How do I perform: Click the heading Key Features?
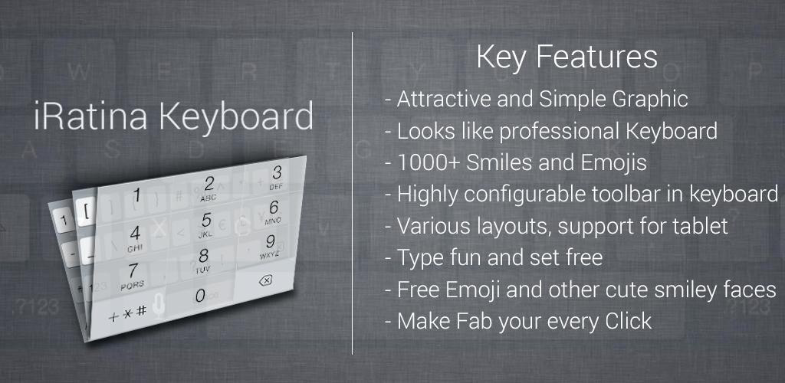pyautogui.click(x=567, y=57)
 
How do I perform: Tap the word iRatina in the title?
pyautogui.click(x=90, y=116)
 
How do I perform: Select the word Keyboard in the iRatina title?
pyautogui.click(x=236, y=116)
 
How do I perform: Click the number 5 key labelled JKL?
pyautogui.click(x=206, y=224)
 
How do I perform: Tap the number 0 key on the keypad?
pyautogui.click(x=200, y=296)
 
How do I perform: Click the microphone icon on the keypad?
pyautogui.click(x=159, y=306)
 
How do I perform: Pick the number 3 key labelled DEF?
pyautogui.click(x=276, y=178)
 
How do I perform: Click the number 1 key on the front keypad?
pyautogui.click(x=136, y=195)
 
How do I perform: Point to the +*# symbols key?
pyautogui.click(x=128, y=313)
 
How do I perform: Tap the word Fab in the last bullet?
pyautogui.click(x=473, y=321)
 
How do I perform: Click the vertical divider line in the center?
pyautogui.click(x=352, y=193)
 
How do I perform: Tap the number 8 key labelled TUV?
pyautogui.click(x=202, y=260)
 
